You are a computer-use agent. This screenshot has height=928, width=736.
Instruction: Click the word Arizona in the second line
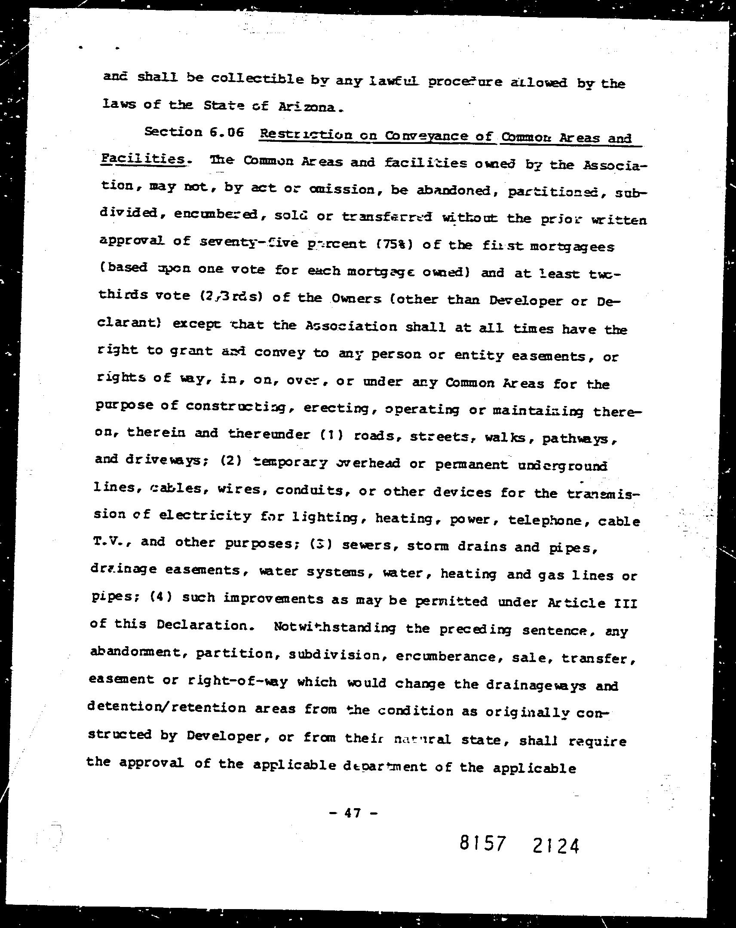coord(306,106)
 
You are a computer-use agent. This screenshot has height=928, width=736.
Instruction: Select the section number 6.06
coord(227,132)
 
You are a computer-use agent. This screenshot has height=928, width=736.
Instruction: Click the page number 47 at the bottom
coord(352,813)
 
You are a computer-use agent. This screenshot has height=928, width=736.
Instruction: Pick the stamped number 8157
coord(482,843)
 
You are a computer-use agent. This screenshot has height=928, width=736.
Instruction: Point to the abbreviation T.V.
coord(108,541)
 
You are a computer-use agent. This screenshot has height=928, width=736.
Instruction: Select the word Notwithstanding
coord(334,628)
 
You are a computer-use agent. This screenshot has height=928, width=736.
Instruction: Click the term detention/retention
coord(167,707)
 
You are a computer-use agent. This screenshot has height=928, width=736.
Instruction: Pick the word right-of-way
coord(238,681)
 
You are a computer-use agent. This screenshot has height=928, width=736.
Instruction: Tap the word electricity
coord(205,515)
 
